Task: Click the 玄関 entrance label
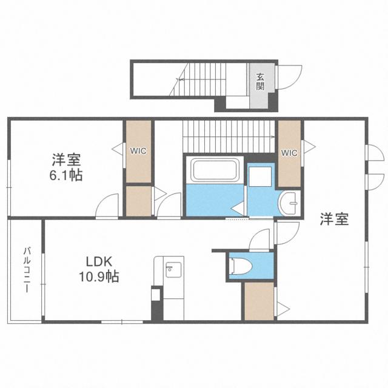pos(260,81)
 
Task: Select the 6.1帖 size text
pos(67,176)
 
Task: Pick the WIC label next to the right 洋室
pos(289,153)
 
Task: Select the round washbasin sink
pos(289,201)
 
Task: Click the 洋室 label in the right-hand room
pos(334,219)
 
